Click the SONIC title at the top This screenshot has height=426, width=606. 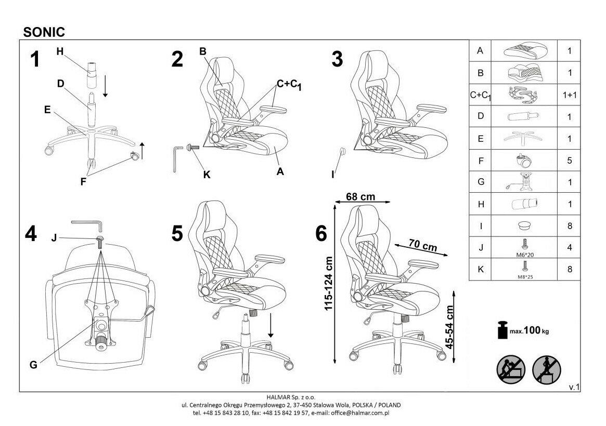pyautogui.click(x=44, y=32)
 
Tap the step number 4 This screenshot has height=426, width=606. pyautogui.click(x=31, y=234)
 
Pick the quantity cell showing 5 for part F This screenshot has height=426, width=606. pyautogui.click(x=570, y=161)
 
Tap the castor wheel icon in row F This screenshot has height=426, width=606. pyautogui.click(x=524, y=159)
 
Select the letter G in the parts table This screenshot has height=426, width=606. pyautogui.click(x=480, y=182)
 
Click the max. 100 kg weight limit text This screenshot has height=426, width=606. pyautogui.click(x=529, y=330)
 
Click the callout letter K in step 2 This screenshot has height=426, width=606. pyautogui.click(x=207, y=175)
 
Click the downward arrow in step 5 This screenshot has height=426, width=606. pyautogui.click(x=272, y=328)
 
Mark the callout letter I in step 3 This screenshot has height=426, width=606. pyautogui.click(x=333, y=175)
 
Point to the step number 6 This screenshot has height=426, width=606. pyautogui.click(x=321, y=234)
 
